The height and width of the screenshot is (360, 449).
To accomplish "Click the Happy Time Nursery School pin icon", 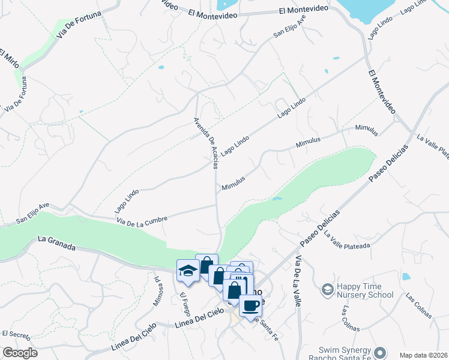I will [328, 290].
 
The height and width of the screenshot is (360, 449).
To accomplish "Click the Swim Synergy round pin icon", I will [379, 352].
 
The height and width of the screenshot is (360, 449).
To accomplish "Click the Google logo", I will [20, 353].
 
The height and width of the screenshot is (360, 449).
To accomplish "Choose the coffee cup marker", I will [250, 306].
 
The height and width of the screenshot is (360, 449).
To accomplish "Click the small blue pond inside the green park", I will [277, 199].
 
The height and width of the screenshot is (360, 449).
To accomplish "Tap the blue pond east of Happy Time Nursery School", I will [406, 277].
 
